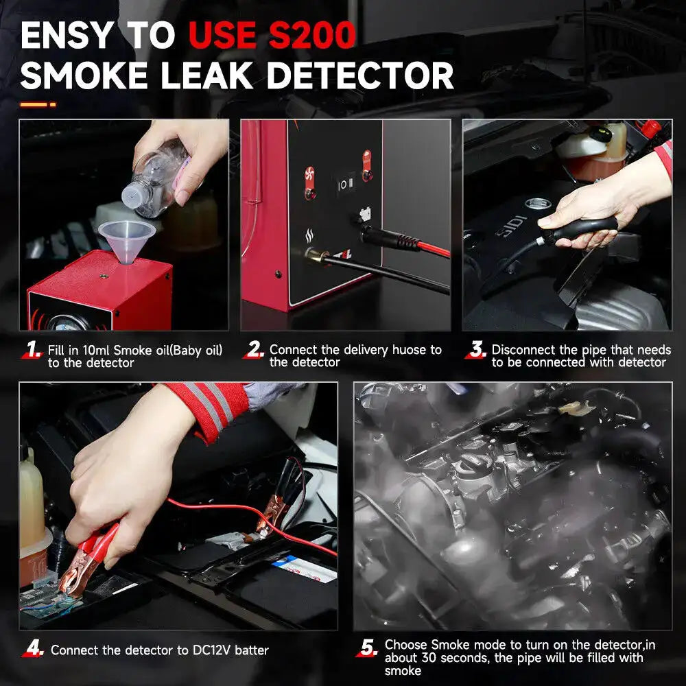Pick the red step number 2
pos(255,351)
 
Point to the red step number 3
pos(475,351)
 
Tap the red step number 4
pos(32,649)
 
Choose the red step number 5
pos(368,649)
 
